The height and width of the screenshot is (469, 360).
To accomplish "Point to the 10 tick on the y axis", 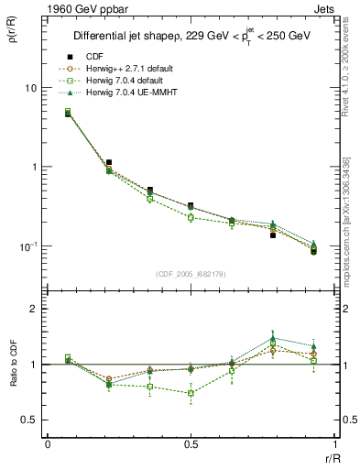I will click(x=30, y=88).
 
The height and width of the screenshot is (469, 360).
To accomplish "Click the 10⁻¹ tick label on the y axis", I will click(x=29, y=247).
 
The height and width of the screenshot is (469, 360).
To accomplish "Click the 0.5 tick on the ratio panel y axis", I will click(x=29, y=420).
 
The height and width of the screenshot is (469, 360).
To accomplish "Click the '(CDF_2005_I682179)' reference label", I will click(x=190, y=274).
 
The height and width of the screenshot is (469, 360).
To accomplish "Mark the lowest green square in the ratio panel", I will click(x=190, y=393).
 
